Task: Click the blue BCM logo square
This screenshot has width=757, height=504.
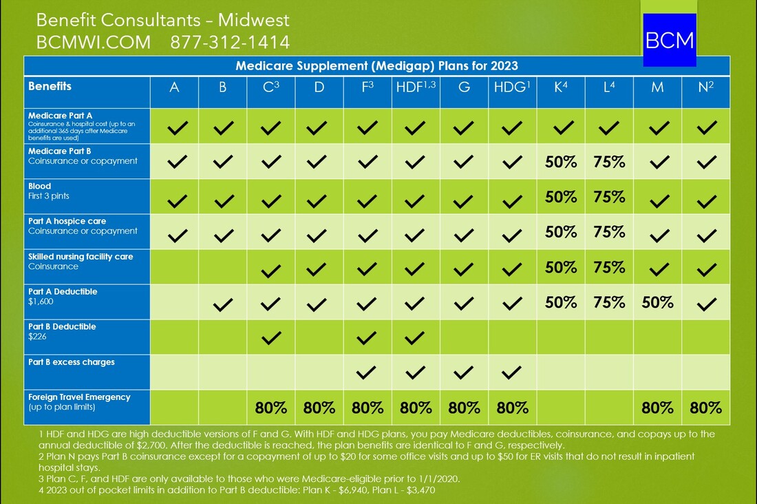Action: point(669,39)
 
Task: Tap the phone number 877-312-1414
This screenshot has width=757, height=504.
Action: point(230,42)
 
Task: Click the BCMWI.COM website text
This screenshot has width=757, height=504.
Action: point(94,42)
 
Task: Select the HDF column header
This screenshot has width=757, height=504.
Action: point(415,88)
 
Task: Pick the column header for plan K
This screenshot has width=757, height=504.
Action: point(560,88)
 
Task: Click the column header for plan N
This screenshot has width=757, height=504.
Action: point(705,88)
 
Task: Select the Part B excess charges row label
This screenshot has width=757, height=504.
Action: point(72,362)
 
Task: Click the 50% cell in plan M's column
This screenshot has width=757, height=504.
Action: point(657,302)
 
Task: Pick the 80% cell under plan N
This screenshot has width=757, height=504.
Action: point(705,408)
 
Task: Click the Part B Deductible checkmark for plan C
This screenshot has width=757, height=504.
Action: point(271,337)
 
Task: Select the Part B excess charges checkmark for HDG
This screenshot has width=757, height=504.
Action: point(512,372)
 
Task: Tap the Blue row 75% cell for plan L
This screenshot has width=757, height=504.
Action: point(609,196)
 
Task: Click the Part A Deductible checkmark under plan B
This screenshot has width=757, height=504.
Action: point(222,302)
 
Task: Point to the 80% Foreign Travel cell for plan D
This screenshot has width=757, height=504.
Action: point(319,408)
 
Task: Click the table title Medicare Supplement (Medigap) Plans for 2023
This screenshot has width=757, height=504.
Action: point(376,66)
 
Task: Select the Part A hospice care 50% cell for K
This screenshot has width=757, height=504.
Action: point(561,231)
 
